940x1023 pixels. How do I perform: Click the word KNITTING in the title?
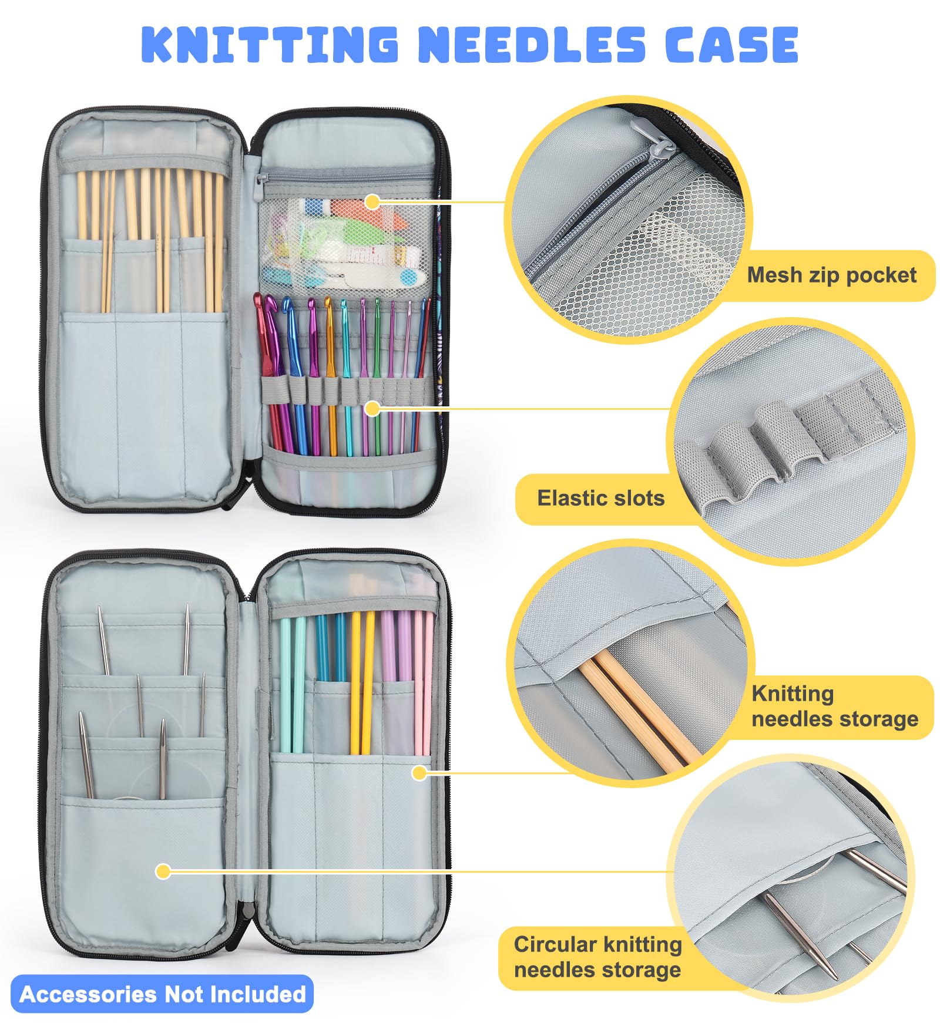point(270,45)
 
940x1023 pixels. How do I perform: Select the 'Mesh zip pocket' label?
point(831,275)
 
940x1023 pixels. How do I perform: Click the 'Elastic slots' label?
point(601,498)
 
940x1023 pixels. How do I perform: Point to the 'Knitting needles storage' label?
point(835,706)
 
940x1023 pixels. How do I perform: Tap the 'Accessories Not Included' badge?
point(162,994)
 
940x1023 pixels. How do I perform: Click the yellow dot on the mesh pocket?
point(372,201)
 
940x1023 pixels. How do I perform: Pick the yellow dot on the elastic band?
point(372,408)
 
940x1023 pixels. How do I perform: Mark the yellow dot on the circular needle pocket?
point(163,871)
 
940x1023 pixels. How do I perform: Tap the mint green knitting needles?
point(292,684)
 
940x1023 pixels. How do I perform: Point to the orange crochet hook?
point(331,376)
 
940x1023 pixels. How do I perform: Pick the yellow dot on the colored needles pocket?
point(419,772)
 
